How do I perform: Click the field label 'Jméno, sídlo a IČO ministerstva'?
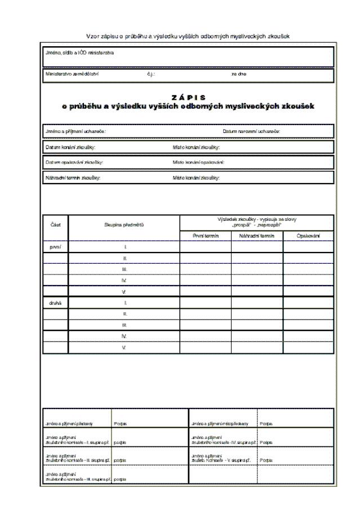coord(79,53)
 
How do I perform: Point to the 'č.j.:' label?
coord(150,74)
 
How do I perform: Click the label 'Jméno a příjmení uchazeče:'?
coord(75,131)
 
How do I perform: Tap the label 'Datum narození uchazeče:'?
coord(252,131)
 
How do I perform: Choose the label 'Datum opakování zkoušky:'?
coord(74,162)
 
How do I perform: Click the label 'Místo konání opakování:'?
coord(198,162)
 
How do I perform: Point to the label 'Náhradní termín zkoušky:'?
coord(73,178)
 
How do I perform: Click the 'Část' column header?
coord(56,224)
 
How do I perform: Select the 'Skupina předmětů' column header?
coord(123,224)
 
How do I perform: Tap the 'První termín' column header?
coord(205,236)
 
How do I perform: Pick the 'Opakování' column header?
coord(308,236)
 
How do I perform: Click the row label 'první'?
coord(56,247)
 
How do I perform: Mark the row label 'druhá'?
coord(56,303)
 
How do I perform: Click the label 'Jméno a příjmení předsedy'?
coord(68,422)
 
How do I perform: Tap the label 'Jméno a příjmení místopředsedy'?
coord(216,422)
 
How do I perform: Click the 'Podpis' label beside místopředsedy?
coord(266,422)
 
